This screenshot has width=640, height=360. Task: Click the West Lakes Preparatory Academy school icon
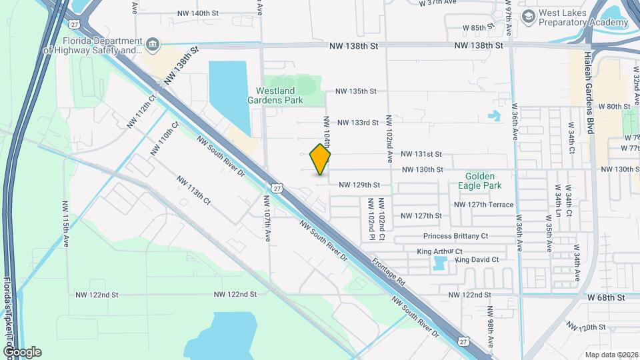(529, 15)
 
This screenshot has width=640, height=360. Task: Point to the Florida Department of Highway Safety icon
(153, 45)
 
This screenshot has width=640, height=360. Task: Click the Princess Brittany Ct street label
(456, 236)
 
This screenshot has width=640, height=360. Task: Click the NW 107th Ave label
(267, 218)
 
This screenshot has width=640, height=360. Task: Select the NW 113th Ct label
(194, 189)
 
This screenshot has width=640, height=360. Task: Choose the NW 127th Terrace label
(483, 205)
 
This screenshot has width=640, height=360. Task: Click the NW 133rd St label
(357, 123)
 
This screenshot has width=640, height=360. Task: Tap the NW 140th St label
(198, 13)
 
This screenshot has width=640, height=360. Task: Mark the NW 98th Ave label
(490, 326)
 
